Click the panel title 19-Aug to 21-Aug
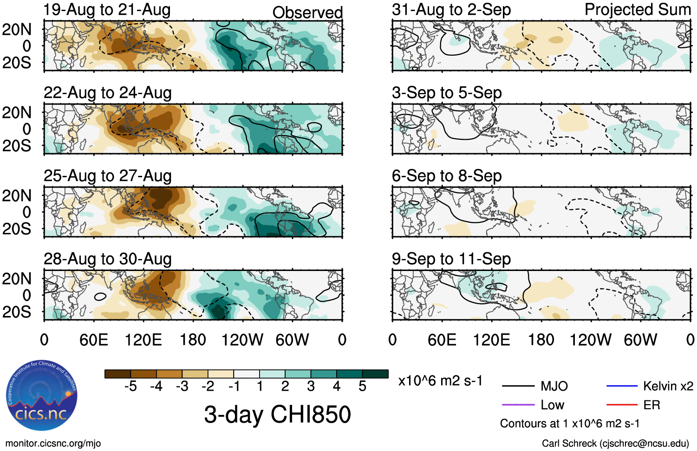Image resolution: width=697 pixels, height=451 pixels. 107,10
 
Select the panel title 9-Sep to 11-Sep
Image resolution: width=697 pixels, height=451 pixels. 451,259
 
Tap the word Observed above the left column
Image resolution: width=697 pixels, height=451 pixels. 307,13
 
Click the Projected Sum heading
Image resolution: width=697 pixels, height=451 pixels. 638,10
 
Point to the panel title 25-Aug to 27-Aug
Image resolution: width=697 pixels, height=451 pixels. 107,176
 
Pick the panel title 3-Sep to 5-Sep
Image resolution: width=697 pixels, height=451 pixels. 447,93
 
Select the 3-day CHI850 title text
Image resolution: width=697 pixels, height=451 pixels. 277,414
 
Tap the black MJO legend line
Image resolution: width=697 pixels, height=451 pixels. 518,386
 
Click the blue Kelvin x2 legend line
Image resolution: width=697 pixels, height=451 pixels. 622,386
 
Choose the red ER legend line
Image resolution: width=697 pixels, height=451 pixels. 622,405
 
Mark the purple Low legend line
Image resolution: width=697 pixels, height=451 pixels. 518,405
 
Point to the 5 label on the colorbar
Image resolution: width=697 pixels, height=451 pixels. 362,386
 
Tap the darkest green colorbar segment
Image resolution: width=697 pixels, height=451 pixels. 375,374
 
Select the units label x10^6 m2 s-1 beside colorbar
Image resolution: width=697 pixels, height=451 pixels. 440,381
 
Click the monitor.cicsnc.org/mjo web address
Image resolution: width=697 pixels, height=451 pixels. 53,444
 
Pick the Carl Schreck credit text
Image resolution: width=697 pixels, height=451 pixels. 615,444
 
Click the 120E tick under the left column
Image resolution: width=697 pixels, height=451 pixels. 143,340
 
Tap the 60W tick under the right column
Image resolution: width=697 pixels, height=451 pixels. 640,340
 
